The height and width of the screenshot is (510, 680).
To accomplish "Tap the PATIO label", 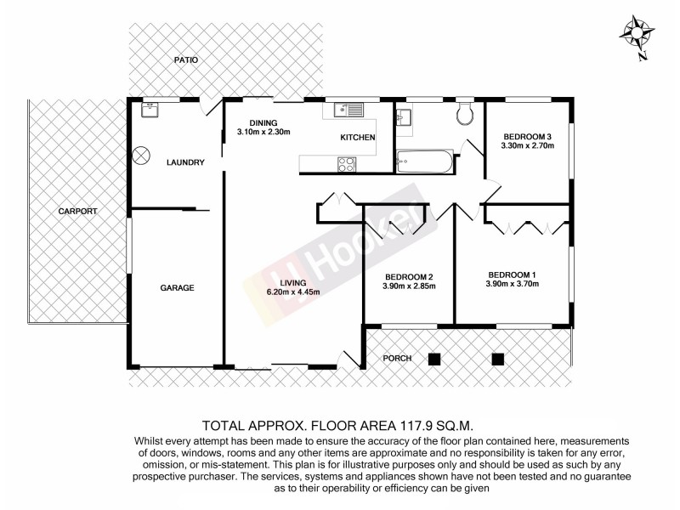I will (185, 60).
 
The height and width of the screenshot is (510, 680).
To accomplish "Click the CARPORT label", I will (78, 211).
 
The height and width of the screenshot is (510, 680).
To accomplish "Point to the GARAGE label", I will (178, 288).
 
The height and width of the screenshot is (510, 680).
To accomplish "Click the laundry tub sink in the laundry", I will (150, 109).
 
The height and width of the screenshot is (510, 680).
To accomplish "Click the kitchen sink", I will (348, 109).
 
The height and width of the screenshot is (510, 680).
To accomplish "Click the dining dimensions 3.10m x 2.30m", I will (263, 133).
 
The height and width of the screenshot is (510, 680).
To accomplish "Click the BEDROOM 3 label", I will (528, 136).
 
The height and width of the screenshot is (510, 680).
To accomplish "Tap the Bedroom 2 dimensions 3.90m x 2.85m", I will (409, 286).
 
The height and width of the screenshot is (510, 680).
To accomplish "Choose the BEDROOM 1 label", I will (513, 274).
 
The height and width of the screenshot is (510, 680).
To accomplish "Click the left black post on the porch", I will (434, 358).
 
